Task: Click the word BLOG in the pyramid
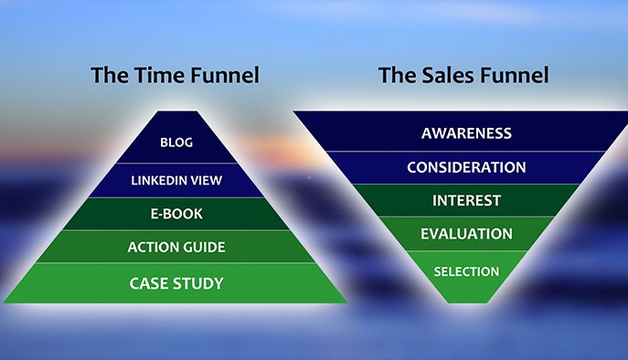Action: click(176, 143)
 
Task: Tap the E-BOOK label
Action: click(176, 214)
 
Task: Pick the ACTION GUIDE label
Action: click(176, 248)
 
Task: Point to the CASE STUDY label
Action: click(176, 283)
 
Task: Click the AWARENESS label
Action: click(466, 133)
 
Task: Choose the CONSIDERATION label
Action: click(466, 167)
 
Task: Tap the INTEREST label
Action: click(466, 200)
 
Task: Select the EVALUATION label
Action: click(466, 234)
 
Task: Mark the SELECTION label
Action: click(466, 271)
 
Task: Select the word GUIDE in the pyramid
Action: click(202, 248)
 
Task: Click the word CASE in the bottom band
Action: click(148, 283)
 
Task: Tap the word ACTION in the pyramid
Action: click(152, 248)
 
